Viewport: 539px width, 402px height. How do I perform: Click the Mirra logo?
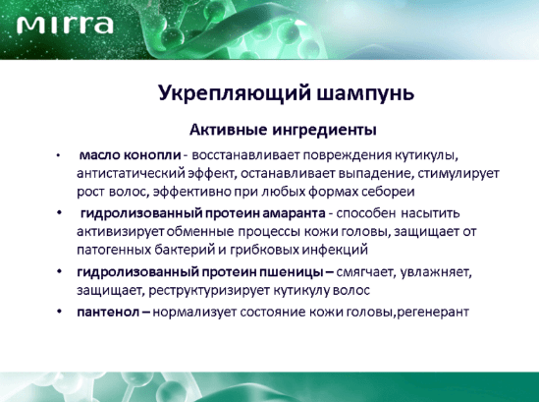[65, 26]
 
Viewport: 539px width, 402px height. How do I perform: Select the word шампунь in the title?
[365, 93]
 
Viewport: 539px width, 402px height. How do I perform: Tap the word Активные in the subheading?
[228, 130]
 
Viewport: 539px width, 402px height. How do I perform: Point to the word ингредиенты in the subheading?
[325, 131]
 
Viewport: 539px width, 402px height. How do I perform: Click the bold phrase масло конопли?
[130, 155]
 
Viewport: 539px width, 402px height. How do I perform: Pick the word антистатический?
[131, 173]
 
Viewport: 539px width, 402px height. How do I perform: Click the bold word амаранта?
[294, 213]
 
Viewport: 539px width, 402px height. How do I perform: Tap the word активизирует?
[121, 232]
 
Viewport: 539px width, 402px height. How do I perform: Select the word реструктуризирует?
[209, 290]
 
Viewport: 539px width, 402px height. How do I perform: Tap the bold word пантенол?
[108, 312]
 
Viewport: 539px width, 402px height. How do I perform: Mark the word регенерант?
[433, 313]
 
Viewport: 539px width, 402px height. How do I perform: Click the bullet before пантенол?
[60, 312]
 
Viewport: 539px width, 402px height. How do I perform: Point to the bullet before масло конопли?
[59, 155]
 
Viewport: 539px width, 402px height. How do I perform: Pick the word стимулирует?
[458, 173]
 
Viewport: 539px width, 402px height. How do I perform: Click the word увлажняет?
[436, 272]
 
